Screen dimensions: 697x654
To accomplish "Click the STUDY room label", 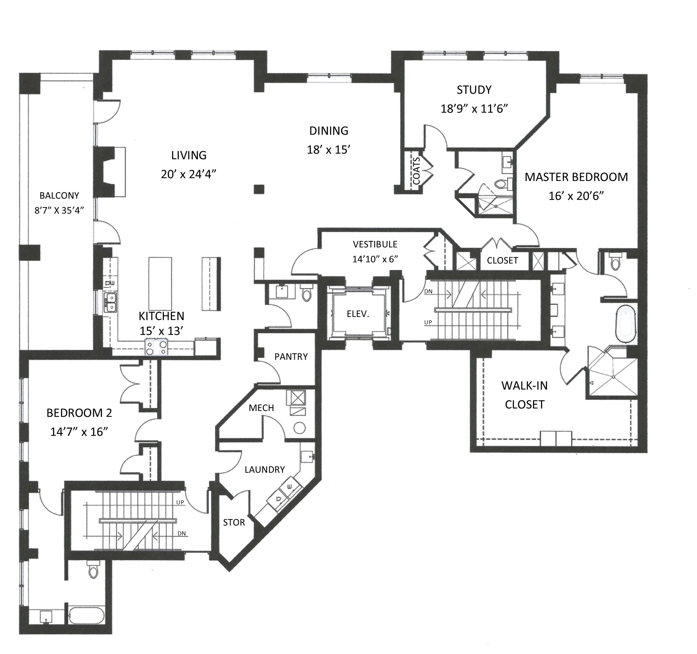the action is (474, 90).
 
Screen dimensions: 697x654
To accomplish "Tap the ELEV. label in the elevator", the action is (358, 314).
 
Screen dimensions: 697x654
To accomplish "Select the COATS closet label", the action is (416, 171).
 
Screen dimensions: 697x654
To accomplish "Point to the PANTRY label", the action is (291, 357).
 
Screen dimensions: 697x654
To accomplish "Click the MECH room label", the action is (261, 408).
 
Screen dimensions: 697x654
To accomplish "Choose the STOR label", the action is (234, 522).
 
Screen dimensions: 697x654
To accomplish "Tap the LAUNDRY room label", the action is (265, 470).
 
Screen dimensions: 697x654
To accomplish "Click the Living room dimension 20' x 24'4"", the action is (189, 174).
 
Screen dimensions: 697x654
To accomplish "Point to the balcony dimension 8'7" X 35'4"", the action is (59, 210).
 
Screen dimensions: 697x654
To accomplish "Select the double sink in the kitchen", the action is (111, 303).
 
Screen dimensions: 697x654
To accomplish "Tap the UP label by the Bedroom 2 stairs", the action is (180, 503).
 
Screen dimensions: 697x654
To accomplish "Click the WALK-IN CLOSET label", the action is (524, 395).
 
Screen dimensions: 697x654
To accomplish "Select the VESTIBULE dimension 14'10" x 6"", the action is (375, 259).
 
